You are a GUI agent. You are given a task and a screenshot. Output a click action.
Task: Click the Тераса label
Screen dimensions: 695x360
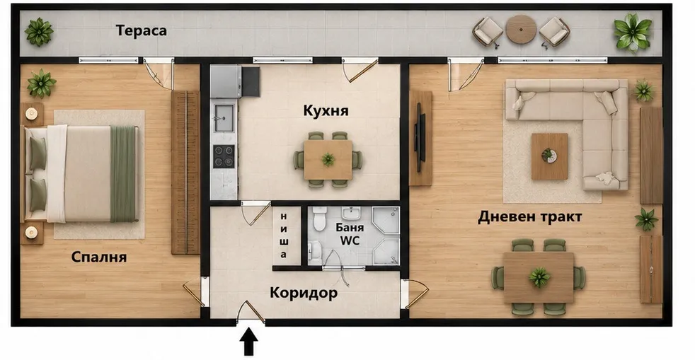pyautogui.click(x=141, y=30)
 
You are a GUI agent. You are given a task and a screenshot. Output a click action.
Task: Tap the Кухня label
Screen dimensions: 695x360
pyautogui.click(x=326, y=110)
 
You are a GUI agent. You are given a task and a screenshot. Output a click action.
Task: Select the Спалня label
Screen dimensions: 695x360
pyautogui.click(x=99, y=257)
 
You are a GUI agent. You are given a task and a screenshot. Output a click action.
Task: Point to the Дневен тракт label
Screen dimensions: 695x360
pyautogui.click(x=529, y=217)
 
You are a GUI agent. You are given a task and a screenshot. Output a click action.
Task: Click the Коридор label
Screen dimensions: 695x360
pyautogui.click(x=304, y=293)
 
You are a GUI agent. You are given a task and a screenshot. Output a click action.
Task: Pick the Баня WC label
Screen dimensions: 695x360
pyautogui.click(x=350, y=234)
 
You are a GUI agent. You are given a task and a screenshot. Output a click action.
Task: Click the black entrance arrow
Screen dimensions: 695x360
pyautogui.click(x=249, y=342)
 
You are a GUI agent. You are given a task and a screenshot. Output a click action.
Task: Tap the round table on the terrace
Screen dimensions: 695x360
pyautogui.click(x=521, y=30)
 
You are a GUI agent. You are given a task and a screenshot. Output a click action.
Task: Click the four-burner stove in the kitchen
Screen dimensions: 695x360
pyautogui.click(x=224, y=156)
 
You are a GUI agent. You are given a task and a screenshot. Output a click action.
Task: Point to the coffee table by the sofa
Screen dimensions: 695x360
pyautogui.click(x=550, y=156)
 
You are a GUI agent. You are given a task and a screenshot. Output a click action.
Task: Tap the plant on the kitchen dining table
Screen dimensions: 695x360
pyautogui.click(x=328, y=159)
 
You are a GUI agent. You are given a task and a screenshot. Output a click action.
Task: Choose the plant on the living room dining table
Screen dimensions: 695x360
pyautogui.click(x=539, y=277)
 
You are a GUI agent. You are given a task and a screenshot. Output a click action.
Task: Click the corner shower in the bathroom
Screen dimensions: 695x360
pyautogui.click(x=386, y=235)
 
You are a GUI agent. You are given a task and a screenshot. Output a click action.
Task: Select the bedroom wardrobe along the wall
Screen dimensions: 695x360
pyautogui.click(x=185, y=173)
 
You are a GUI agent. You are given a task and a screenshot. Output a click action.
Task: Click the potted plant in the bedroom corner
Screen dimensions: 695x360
pyautogui.click(x=41, y=83)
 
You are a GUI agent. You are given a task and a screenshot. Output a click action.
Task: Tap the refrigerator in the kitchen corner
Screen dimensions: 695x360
pyautogui.click(x=226, y=81)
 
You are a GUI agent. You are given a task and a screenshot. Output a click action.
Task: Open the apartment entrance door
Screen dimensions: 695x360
pyautogui.click(x=251, y=311)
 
